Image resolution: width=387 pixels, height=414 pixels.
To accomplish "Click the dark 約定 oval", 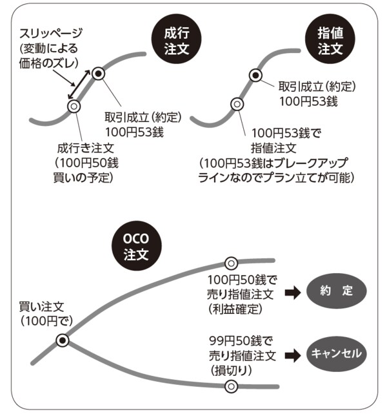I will coord(336,291).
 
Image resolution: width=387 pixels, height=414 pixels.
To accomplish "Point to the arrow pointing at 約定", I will coord(293,292).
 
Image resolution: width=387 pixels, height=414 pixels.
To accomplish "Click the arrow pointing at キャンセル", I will coord(293,354).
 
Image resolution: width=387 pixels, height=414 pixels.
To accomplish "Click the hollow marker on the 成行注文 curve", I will coord(74,106).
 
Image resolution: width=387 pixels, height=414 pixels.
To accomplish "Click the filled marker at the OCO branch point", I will coord(63,340).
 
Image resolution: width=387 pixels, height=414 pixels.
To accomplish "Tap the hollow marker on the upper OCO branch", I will coord(230,263).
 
